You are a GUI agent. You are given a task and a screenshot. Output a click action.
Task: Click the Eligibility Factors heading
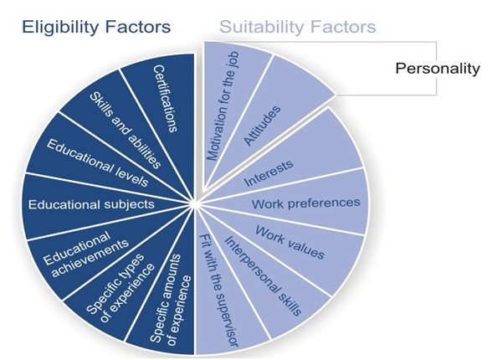coord(96,28)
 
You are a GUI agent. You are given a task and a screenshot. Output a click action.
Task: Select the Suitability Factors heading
coord(298,28)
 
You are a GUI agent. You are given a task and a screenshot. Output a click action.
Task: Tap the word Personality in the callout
coord(438,69)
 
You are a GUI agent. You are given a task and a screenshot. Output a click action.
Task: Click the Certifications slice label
coord(165,99)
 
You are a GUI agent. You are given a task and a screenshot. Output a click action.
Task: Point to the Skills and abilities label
coord(126,131)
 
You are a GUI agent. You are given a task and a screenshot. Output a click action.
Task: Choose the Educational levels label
coord(97,163)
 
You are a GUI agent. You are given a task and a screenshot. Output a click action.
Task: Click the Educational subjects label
coord(91,204)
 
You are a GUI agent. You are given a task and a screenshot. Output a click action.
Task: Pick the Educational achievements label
coord(86,255)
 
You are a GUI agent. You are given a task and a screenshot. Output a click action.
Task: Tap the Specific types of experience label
coord(120,288)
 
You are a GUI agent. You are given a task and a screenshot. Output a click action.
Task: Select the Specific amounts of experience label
coord(171,299)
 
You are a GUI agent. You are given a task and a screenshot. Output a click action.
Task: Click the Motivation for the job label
coord(223,106)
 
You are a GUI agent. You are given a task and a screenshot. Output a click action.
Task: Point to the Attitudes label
coord(262,126)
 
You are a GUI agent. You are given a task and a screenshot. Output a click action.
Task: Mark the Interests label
coord(269,173)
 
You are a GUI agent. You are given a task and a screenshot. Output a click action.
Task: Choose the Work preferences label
coord(306,203)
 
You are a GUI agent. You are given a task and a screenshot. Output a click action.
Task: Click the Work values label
coord(289,242)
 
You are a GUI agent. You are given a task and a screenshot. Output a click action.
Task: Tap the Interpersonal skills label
coord(263,276)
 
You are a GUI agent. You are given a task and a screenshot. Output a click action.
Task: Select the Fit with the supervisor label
coord(218,291)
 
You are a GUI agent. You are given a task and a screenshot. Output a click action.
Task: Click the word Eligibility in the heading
coord(60,28)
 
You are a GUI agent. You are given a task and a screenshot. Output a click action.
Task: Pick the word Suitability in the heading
coord(259,28)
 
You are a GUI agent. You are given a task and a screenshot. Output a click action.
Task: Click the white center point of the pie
coord(194,204)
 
